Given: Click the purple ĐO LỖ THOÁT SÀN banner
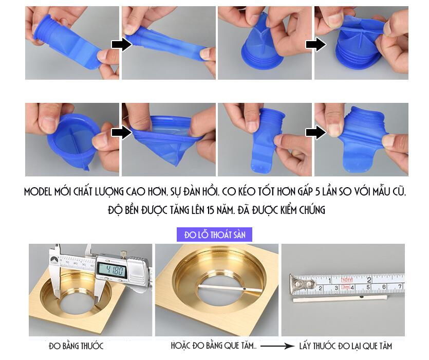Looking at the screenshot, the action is pyautogui.click(x=214, y=235).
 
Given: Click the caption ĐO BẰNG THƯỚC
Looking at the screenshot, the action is pyautogui.click(x=76, y=346).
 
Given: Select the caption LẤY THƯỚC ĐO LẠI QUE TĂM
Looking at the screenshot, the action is pyautogui.click(x=346, y=346).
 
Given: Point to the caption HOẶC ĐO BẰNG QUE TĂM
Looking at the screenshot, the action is pyautogui.click(x=214, y=346).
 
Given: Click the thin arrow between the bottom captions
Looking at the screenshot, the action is pyautogui.click(x=277, y=346).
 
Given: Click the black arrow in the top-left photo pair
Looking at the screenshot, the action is pyautogui.click(x=121, y=44).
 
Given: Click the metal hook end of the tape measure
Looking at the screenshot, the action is pyautogui.click(x=300, y=285).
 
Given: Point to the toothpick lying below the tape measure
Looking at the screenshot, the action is pyautogui.click(x=340, y=298).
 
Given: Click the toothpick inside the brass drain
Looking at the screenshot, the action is pyautogui.click(x=229, y=288).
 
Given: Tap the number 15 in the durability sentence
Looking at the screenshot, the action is pyautogui.click(x=210, y=210).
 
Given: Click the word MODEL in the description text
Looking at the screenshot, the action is pyautogui.click(x=38, y=191).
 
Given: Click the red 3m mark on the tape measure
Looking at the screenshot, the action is pyautogui.click(x=346, y=286).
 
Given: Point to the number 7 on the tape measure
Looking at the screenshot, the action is pyautogui.click(x=400, y=286).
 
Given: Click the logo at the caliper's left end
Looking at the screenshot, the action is pyautogui.click(x=53, y=259).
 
